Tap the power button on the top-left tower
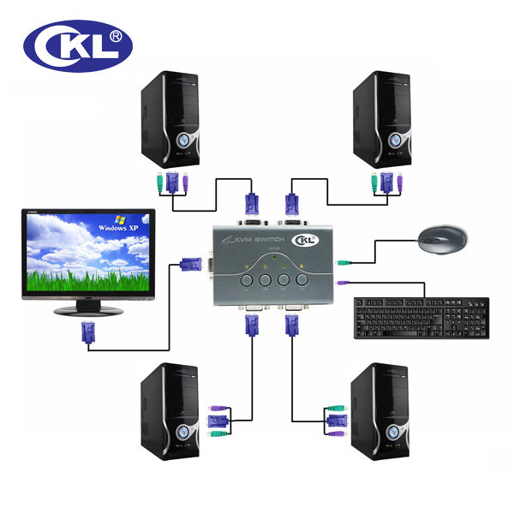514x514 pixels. [x=183, y=139]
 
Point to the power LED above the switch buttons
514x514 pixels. [x=273, y=256]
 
